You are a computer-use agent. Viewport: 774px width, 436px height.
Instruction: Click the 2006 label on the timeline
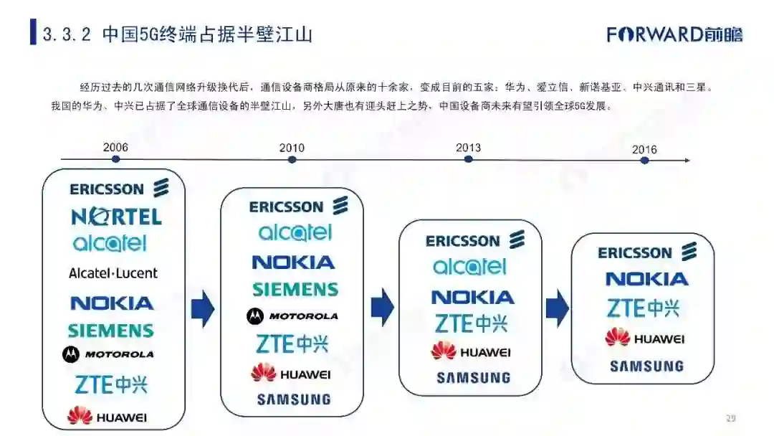coord(115,148)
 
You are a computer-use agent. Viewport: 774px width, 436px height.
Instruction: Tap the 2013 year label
coord(468,148)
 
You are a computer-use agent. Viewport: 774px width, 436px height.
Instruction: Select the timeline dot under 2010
coord(292,159)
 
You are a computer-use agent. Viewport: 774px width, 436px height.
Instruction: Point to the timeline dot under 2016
coord(644,160)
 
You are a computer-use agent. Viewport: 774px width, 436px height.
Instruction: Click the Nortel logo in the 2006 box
coord(116,216)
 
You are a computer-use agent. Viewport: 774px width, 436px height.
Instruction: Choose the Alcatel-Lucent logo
coord(113,273)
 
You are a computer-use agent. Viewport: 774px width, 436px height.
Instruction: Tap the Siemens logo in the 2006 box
coord(111,331)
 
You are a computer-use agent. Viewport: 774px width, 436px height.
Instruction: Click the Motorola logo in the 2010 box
coord(292,316)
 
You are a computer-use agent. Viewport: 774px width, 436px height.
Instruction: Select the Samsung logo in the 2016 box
coord(646,366)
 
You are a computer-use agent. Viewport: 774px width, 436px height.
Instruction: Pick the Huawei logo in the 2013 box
coord(471,351)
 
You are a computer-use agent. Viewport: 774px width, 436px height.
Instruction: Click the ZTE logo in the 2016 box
coord(643,308)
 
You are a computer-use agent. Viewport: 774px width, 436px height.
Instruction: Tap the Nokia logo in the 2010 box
coord(293,262)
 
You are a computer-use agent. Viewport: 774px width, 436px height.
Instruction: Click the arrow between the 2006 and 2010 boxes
coord(203,309)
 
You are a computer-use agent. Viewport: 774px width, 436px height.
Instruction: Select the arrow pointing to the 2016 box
coord(557,308)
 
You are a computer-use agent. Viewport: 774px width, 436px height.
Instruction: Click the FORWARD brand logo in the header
coord(674,34)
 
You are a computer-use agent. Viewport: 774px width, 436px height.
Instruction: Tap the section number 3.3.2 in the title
coord(67,34)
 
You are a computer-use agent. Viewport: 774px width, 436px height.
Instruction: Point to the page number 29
coord(731,418)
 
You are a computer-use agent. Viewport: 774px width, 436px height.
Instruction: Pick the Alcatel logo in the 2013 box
coord(469,267)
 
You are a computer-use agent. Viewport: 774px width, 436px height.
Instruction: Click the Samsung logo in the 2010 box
coord(294,399)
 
